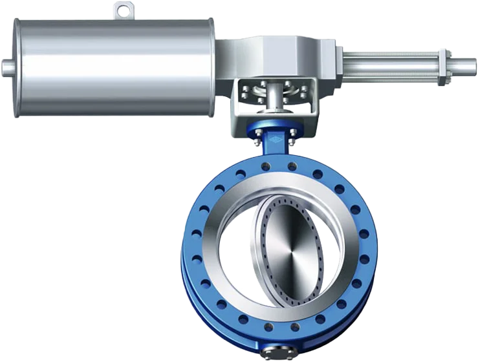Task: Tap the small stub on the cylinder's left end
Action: tap(6, 66)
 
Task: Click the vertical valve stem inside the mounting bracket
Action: tap(275, 97)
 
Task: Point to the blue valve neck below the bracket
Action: tap(275, 145)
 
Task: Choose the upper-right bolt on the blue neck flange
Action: tap(292, 133)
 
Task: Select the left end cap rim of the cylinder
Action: tap(16, 68)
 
